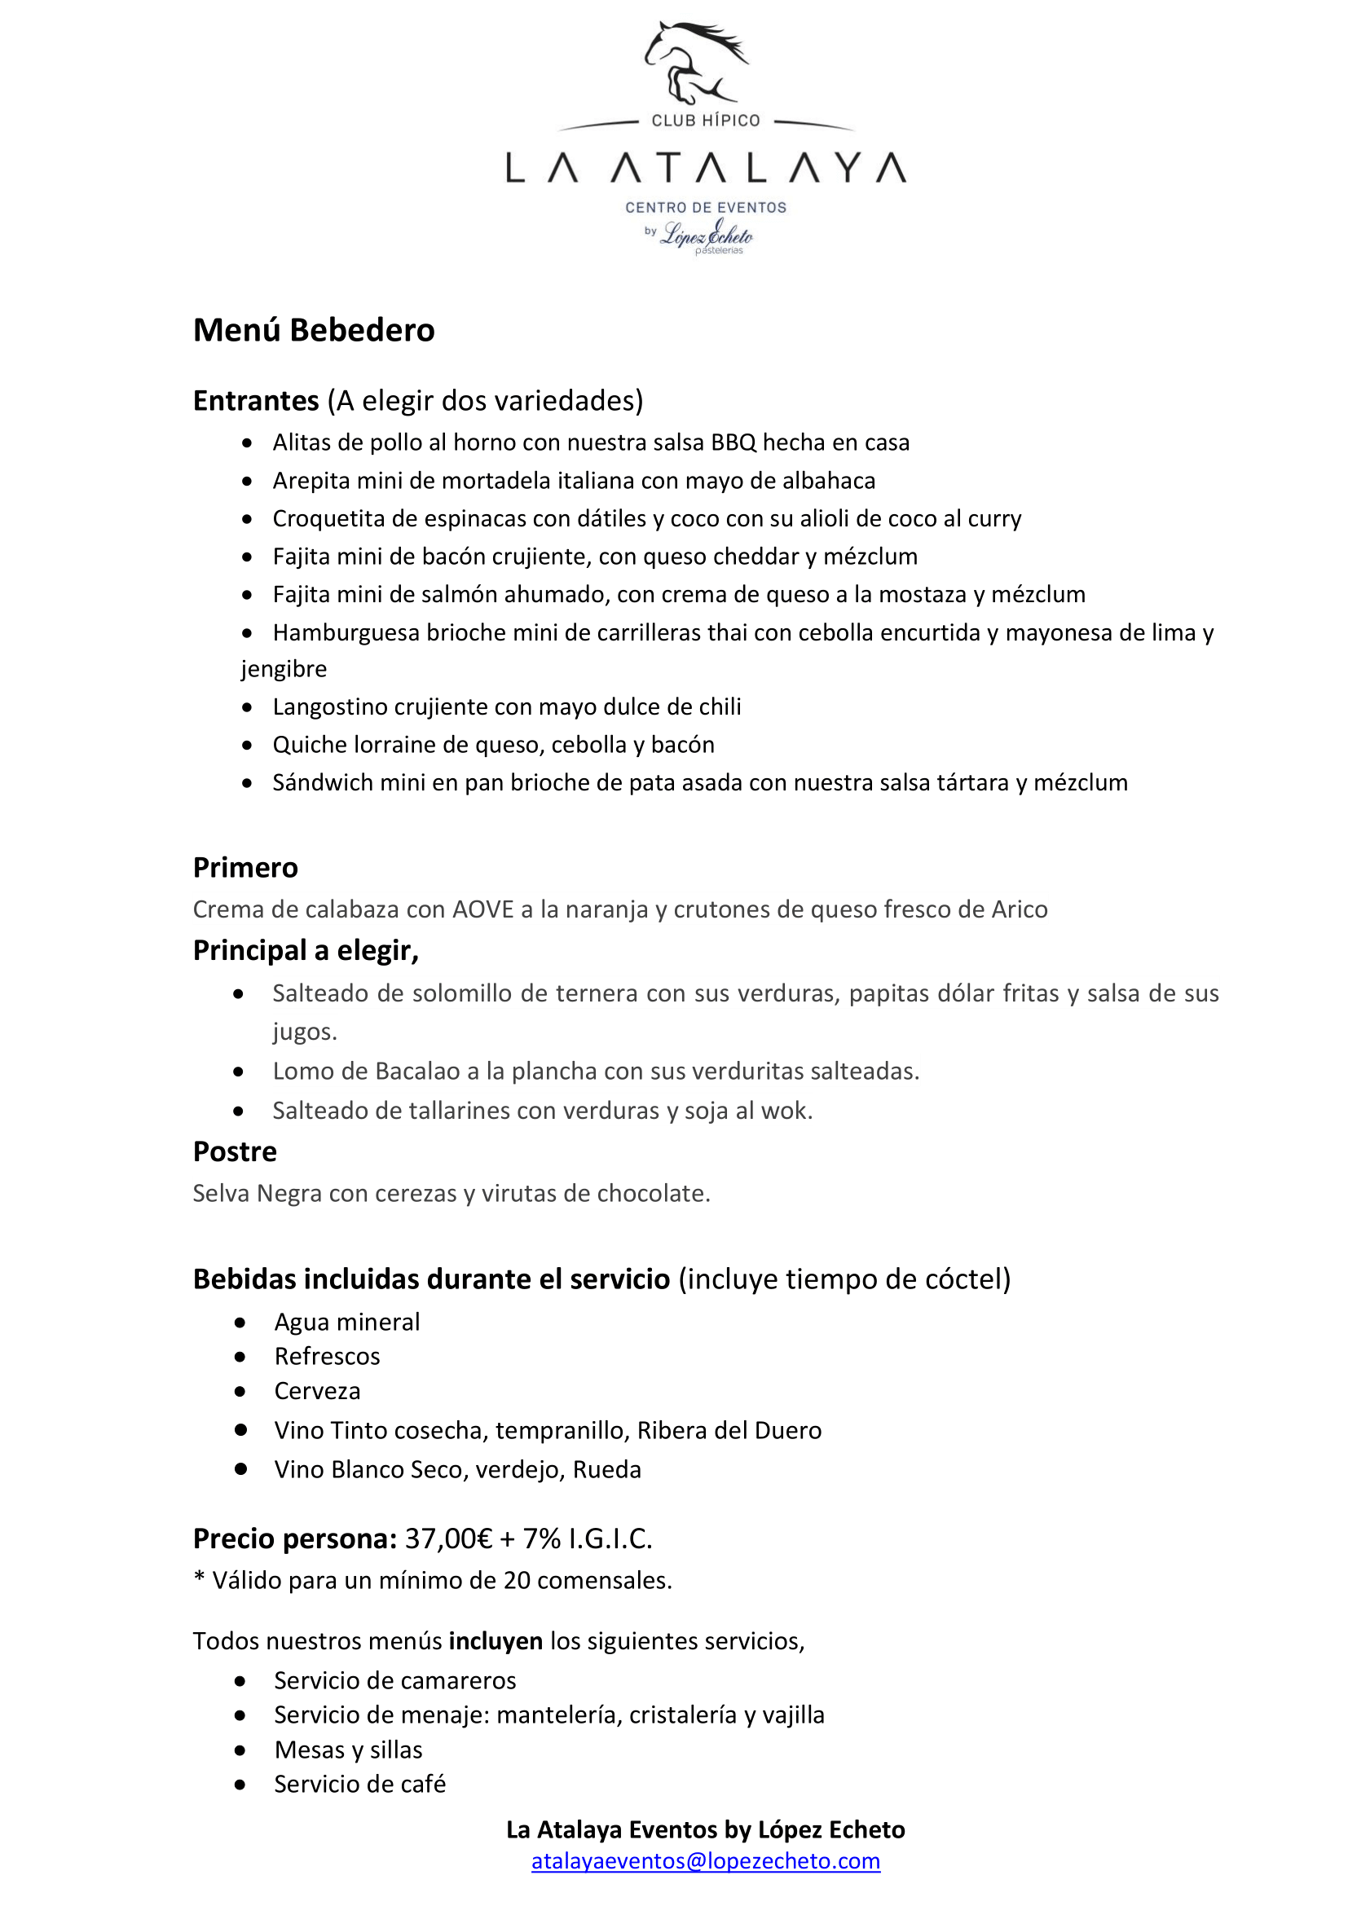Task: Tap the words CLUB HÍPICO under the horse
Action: pos(706,121)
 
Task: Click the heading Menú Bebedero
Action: pos(314,330)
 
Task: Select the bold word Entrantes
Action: pos(256,401)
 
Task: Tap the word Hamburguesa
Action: pos(346,632)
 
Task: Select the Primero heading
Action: pos(245,868)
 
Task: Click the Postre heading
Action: pos(235,1151)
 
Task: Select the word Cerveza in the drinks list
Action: pos(317,1390)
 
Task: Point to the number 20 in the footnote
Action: pos(516,1580)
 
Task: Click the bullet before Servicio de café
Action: pos(240,1784)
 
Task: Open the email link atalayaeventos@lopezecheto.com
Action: pos(706,1860)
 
